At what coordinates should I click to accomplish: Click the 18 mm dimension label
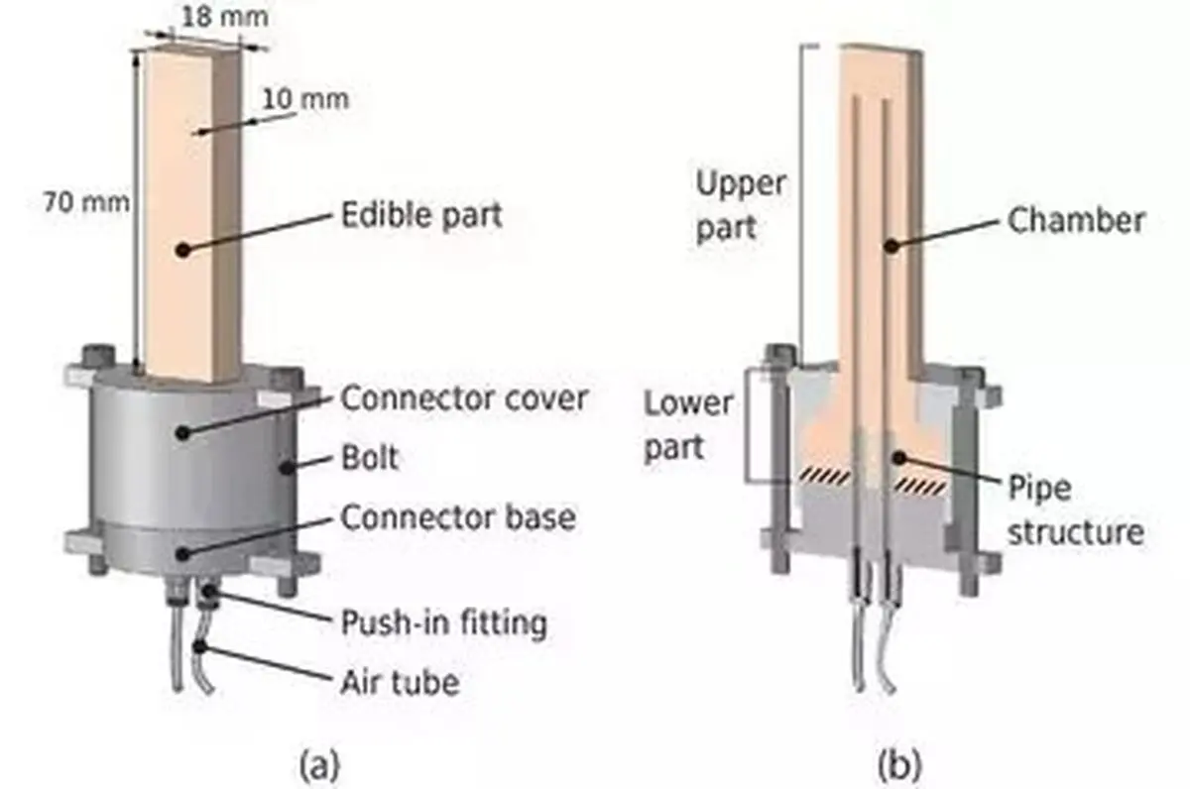[x=225, y=17]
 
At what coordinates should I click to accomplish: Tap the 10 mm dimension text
[x=305, y=99]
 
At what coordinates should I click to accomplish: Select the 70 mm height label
[x=86, y=202]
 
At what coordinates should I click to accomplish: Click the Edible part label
[x=421, y=215]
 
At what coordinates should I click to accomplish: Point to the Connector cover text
[x=464, y=398]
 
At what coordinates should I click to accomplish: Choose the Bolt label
[x=370, y=458]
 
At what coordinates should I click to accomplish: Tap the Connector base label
[x=458, y=517]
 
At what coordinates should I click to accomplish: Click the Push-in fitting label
[x=443, y=621]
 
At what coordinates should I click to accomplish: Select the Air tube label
[x=400, y=682]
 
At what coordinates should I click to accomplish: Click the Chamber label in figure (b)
[x=1076, y=220]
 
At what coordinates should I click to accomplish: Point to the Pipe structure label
[x=1076, y=509]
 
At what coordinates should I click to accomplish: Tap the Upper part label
[x=741, y=206]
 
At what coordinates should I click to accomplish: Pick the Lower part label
[x=688, y=425]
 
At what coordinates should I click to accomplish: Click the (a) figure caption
[x=319, y=765]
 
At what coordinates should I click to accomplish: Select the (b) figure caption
[x=899, y=765]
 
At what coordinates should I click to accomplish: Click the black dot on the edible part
[x=183, y=250]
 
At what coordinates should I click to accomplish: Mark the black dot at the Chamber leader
[x=892, y=246]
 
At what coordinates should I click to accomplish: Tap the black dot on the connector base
[x=182, y=555]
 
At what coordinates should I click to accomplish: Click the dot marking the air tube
[x=199, y=646]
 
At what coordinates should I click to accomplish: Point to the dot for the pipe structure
[x=899, y=458]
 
